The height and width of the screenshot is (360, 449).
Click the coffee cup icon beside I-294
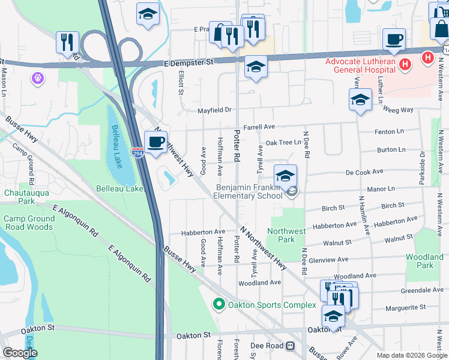pyautogui.click(x=156, y=142)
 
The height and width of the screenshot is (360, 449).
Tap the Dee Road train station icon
pyautogui.click(x=291, y=346)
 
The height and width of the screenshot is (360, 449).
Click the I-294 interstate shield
pyautogui.click(x=137, y=152)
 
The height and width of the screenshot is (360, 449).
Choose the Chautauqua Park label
pyautogui.click(x=19, y=197)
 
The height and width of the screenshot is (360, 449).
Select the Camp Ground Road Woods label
pyautogui.click(x=29, y=223)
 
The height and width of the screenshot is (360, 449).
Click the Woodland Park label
pyautogui.click(x=424, y=261)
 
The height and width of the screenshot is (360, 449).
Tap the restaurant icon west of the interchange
pyautogui.click(x=66, y=41)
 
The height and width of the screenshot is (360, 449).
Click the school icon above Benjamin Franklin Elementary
pyautogui.click(x=286, y=175)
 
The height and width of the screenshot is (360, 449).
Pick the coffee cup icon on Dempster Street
pyautogui.click(x=394, y=39)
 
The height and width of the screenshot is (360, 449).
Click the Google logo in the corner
pyautogui.click(x=20, y=353)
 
